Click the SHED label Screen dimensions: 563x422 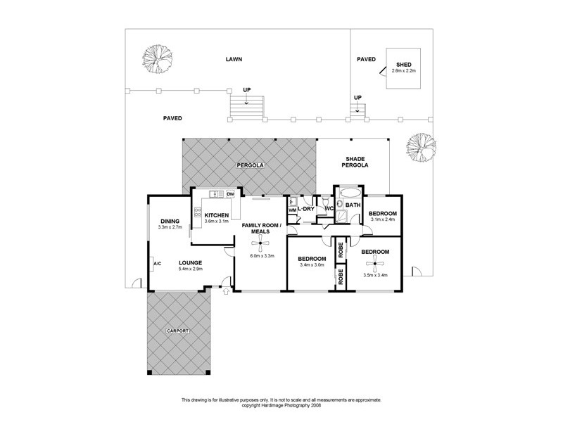403,65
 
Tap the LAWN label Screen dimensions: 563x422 234,59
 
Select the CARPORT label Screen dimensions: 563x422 178,331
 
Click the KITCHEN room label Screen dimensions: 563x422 217,215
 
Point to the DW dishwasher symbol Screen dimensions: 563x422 231,194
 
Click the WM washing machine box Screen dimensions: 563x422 292,210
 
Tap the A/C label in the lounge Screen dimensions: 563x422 157,264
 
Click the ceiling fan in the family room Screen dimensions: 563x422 260,243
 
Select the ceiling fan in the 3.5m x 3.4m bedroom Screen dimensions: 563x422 374,264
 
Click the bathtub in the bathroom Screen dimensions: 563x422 350,192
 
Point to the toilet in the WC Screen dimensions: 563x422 326,200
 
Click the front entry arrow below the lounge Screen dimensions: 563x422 226,291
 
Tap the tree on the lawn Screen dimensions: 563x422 157,59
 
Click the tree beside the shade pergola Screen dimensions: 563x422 421,148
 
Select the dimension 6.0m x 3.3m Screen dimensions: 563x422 262,256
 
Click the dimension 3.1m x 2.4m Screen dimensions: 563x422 383,219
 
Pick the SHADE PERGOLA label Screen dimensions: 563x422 355,162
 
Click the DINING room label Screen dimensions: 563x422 170,222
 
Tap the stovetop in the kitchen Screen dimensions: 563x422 198,212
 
